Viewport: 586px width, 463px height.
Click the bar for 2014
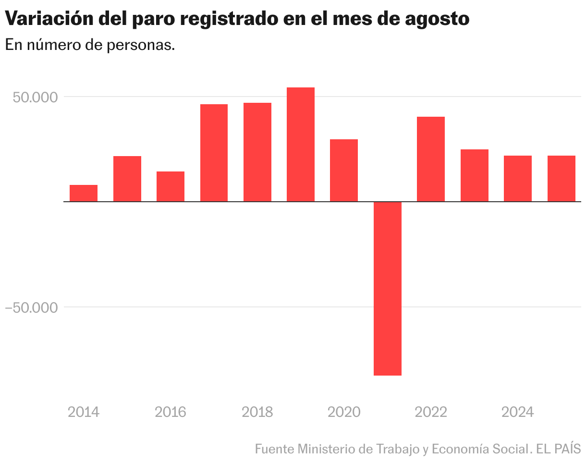point(84,193)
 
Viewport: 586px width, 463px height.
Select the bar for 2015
point(127,179)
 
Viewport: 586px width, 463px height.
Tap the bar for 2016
point(171,186)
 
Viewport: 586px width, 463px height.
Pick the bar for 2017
point(214,153)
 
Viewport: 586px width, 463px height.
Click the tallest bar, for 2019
point(301,144)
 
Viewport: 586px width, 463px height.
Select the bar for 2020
point(344,170)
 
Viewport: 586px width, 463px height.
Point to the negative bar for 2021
point(387,288)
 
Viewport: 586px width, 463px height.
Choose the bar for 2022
point(431,159)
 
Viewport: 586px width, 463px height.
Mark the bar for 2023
point(475,175)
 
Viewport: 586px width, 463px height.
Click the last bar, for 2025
point(562,178)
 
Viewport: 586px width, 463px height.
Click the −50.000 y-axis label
point(31,307)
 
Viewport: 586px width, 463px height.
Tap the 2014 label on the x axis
point(84,412)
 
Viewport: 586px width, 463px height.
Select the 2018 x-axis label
point(257,412)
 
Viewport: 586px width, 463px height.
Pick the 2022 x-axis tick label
point(431,412)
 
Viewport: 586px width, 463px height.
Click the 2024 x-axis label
point(517,412)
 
